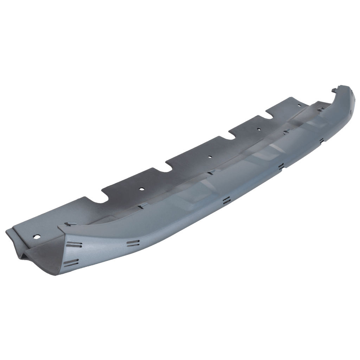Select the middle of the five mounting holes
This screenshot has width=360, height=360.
(210, 156)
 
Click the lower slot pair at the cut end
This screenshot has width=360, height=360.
(72, 262)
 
